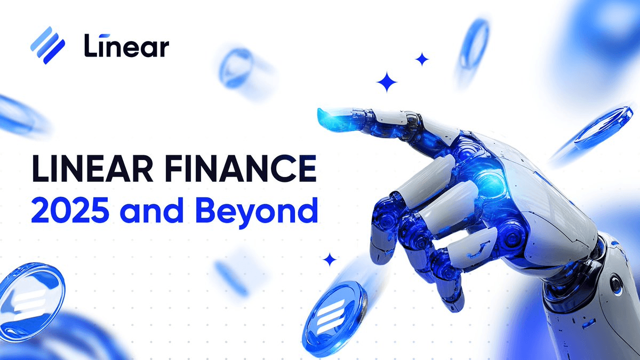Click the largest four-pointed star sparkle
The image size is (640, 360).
click(387, 83)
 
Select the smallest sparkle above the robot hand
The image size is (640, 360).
click(422, 59)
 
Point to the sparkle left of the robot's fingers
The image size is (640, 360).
click(330, 260)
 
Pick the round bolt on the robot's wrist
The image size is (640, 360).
click(616, 283)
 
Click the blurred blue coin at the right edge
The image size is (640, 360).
click(603, 128)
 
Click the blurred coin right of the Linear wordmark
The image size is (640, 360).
click(238, 67)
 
